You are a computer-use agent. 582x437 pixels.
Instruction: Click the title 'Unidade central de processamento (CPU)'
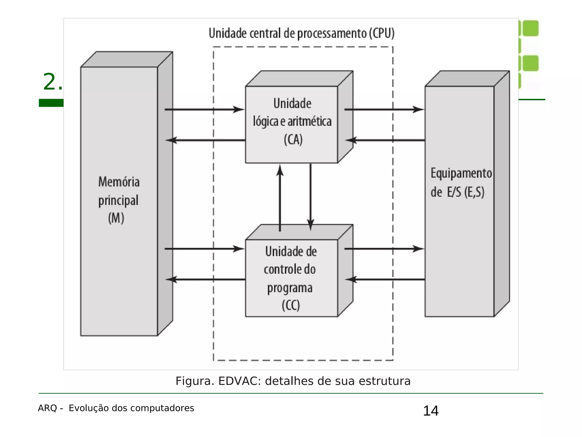[302, 33]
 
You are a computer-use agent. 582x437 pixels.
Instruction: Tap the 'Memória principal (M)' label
[119, 200]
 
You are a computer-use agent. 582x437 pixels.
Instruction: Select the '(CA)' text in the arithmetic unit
[293, 140]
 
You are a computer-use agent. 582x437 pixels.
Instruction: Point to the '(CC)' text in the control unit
[291, 305]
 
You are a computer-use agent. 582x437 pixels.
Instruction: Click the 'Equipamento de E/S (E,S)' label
[461, 183]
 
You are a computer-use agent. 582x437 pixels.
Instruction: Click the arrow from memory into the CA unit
[204, 109]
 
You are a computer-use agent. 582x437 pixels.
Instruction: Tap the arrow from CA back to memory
[205, 140]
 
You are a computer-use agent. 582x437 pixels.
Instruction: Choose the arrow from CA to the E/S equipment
[384, 109]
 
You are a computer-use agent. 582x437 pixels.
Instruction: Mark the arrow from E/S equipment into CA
[385, 140]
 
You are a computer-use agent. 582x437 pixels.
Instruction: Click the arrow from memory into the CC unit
[204, 249]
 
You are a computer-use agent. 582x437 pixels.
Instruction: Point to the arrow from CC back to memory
[205, 279]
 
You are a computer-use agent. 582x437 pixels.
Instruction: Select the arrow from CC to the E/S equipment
[384, 249]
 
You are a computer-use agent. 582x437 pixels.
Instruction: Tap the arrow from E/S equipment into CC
[385, 279]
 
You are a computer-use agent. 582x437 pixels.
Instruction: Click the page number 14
[431, 411]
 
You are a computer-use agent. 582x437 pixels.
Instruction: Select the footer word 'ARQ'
[47, 408]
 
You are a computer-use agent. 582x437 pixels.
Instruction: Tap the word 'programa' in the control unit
[290, 288]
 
